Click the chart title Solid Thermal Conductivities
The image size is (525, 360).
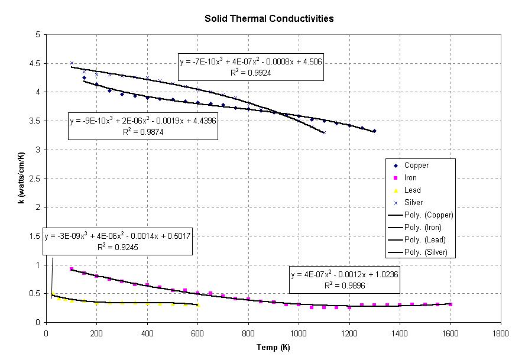(269, 18)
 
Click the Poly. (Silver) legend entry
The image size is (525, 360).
(423, 252)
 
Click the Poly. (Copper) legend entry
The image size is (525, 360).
(423, 215)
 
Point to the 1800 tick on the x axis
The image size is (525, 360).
(501, 333)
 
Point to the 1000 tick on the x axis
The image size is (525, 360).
(299, 333)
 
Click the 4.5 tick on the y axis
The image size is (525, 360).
(35, 63)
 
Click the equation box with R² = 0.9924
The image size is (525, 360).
(250, 65)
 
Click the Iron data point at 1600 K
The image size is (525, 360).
(451, 304)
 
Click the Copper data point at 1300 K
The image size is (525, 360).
(374, 131)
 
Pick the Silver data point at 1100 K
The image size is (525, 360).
(324, 132)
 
